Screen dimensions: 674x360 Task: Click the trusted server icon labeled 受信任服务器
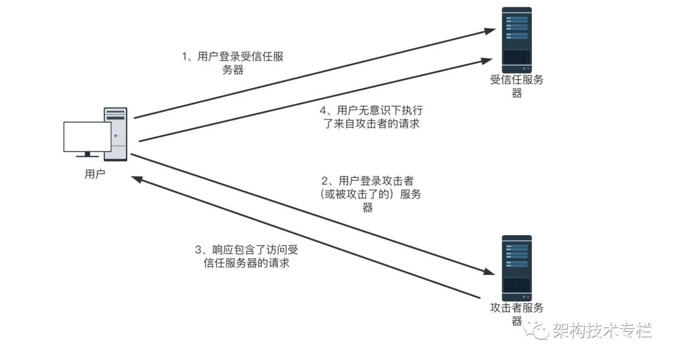click(x=517, y=39)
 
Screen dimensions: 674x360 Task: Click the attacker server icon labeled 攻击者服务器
click(x=517, y=268)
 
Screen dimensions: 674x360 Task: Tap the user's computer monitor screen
click(x=87, y=137)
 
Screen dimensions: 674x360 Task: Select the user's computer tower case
click(x=116, y=134)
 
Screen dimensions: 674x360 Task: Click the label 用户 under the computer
click(x=95, y=174)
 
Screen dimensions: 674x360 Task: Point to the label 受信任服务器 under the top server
click(x=517, y=86)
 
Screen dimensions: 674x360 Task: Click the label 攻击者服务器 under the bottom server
click(x=517, y=314)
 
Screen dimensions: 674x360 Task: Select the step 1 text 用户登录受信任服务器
click(x=233, y=63)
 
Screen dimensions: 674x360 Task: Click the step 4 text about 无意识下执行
click(x=371, y=117)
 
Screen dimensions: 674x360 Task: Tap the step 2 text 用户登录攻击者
click(x=371, y=194)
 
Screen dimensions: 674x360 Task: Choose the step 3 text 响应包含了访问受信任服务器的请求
click(x=247, y=256)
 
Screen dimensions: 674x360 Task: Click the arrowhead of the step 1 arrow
click(x=489, y=31)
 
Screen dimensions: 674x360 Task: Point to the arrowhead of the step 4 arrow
click(x=486, y=61)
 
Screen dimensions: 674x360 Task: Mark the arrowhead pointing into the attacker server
click(x=488, y=271)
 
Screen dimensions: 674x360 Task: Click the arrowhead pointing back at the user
click(x=138, y=178)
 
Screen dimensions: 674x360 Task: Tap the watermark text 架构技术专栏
click(x=602, y=331)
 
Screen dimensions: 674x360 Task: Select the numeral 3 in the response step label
click(x=198, y=250)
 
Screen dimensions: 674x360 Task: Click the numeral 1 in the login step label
click(x=185, y=57)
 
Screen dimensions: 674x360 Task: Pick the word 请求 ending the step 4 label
click(x=409, y=124)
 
